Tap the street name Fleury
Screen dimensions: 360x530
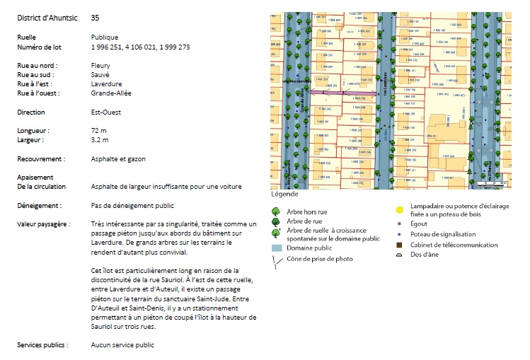coord(101,66)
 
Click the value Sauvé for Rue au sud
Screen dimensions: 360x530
coord(101,75)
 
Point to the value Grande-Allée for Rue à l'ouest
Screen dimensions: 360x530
coord(111,93)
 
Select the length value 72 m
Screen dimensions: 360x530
coord(98,131)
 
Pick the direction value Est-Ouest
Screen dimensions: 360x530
coord(106,112)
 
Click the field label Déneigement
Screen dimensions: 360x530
coord(39,205)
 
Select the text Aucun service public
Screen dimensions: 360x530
coord(122,345)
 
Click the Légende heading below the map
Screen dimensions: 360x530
coord(284,194)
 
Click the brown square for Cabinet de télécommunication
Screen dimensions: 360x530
coord(400,245)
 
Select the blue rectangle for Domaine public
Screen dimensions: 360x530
coord(277,248)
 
